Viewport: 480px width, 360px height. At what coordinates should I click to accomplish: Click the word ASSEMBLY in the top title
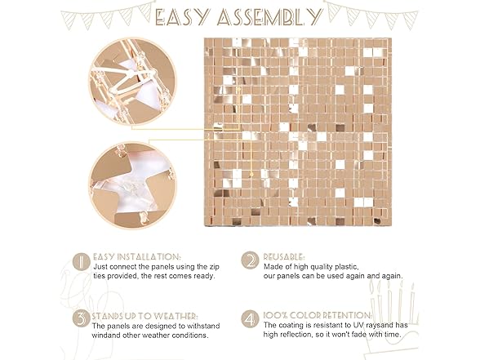point(269,16)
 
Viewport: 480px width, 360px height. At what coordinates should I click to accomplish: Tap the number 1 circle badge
point(82,262)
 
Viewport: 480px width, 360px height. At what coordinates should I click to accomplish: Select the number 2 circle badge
point(250,260)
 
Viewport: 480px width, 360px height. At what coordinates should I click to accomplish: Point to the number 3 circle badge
point(82,318)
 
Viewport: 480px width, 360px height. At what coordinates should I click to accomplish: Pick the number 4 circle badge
point(250,319)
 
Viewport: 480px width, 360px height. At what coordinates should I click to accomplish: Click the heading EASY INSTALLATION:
point(137,256)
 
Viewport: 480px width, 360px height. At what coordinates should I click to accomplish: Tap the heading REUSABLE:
point(284,256)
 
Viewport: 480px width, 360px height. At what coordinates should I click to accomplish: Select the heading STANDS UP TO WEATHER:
point(144,316)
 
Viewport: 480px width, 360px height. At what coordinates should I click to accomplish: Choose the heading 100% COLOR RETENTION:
point(318,315)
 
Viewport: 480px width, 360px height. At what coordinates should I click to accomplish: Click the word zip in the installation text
point(214,267)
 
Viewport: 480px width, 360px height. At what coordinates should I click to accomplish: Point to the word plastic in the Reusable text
point(346,267)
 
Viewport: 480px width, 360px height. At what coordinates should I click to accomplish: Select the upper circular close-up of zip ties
point(133,82)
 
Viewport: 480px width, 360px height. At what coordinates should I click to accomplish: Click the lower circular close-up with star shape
point(133,185)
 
